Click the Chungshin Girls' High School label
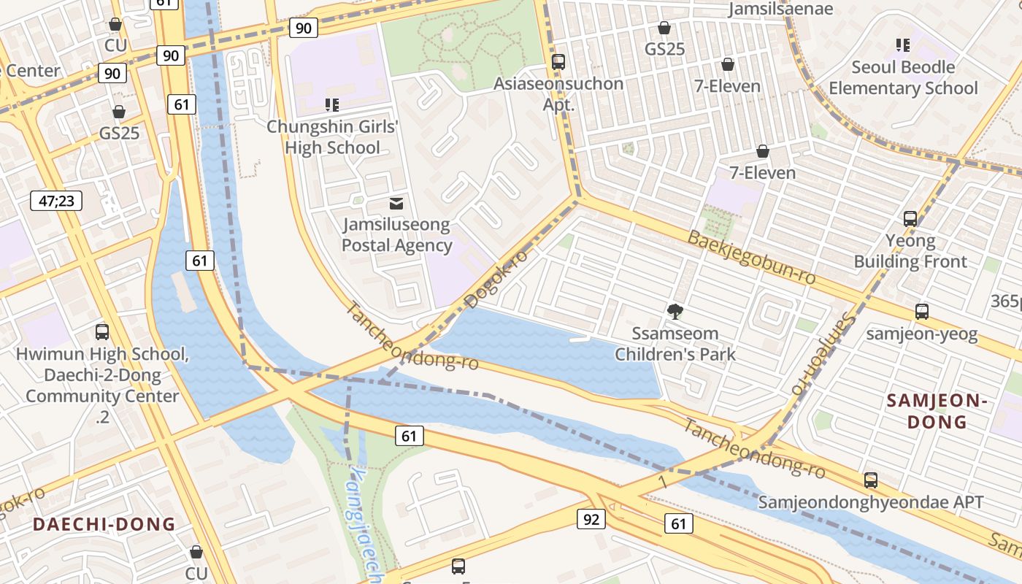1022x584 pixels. tap(332, 137)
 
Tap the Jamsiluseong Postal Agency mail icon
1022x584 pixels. tap(396, 204)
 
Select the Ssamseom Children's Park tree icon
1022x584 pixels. tap(675, 312)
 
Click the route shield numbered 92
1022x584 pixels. tap(591, 519)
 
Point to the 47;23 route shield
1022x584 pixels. tap(56, 201)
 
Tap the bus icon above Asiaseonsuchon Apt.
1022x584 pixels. tap(558, 62)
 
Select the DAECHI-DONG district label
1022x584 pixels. tap(104, 524)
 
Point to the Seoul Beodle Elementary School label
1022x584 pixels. tap(903, 77)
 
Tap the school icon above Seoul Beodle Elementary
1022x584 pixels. tap(903, 45)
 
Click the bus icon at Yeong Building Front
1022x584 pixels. tap(910, 218)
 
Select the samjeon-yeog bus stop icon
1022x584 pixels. tap(922, 312)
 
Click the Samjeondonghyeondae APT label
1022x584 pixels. tap(871, 502)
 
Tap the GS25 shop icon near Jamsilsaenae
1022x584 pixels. tap(664, 28)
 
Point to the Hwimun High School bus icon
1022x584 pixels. tap(102, 332)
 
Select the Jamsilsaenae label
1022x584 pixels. tap(781, 9)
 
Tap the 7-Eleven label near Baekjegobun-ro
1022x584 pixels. tap(763, 173)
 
